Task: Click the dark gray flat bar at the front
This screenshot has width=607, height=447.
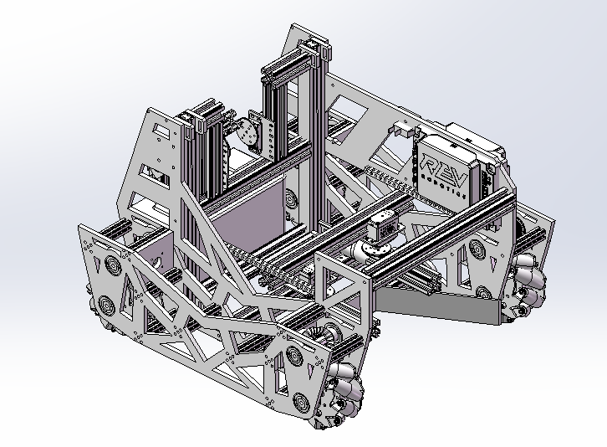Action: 438,306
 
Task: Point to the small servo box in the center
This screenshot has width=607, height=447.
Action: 382,226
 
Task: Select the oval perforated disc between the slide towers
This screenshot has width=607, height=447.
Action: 247,131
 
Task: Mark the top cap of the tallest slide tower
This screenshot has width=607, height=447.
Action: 314,47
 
